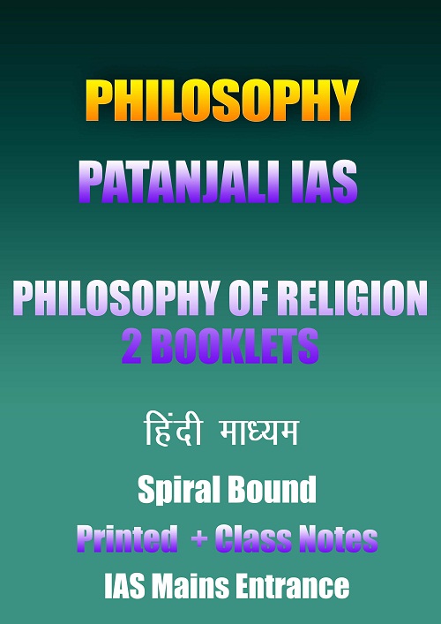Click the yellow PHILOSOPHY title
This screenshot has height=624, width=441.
(x=222, y=101)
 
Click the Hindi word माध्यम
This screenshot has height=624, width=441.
(x=258, y=432)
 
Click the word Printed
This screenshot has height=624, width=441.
(x=127, y=538)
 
